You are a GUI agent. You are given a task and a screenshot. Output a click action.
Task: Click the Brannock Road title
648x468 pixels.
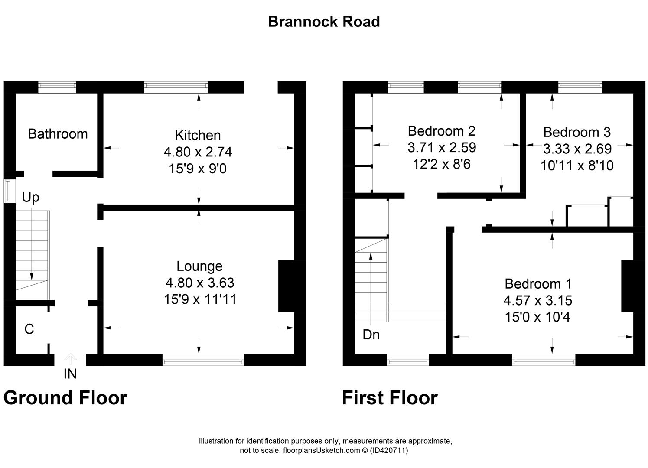(x=324, y=22)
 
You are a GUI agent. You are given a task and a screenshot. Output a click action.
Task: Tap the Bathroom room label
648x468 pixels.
(x=58, y=134)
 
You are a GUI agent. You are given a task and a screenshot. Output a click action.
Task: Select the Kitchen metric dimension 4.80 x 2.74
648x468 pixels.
(x=198, y=152)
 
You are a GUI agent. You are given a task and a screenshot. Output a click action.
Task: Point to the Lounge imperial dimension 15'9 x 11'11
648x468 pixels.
(x=200, y=299)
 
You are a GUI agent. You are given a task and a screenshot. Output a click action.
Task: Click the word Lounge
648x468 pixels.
(x=199, y=266)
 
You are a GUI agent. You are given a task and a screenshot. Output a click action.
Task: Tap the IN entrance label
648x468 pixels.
(x=70, y=374)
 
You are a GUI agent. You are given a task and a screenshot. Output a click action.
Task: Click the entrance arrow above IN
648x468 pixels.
(x=70, y=359)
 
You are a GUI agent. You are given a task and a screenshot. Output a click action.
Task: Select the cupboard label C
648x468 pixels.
(x=29, y=329)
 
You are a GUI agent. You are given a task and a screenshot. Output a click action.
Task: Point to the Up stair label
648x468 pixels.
(x=30, y=198)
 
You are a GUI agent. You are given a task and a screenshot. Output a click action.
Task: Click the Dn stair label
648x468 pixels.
(x=371, y=335)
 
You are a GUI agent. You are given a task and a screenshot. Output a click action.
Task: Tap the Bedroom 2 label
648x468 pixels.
(x=441, y=131)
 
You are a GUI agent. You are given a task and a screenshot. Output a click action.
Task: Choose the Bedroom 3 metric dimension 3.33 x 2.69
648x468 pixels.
(x=577, y=149)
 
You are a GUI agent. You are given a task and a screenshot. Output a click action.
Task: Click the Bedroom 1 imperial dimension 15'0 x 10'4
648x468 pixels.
(x=537, y=317)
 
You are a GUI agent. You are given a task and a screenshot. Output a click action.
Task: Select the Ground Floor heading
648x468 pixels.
(x=65, y=398)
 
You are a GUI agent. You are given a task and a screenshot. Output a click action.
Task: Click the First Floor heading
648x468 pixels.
(x=390, y=398)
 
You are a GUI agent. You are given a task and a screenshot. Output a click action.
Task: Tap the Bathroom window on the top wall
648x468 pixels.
(x=57, y=88)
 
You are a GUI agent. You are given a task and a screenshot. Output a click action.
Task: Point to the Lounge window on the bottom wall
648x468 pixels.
(x=203, y=360)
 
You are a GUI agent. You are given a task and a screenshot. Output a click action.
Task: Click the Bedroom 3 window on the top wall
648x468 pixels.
(x=580, y=88)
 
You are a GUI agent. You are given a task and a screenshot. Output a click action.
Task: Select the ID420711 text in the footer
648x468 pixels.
(x=389, y=450)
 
